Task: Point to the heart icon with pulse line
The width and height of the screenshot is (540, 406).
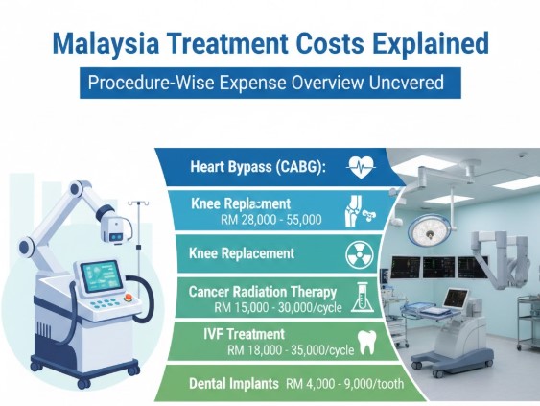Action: click(357, 166)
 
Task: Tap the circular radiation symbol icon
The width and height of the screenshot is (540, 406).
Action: click(358, 255)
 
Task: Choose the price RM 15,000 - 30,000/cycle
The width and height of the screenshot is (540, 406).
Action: click(271, 307)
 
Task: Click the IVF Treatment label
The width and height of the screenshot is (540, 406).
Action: click(232, 335)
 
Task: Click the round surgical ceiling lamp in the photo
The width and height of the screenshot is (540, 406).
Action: click(424, 227)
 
